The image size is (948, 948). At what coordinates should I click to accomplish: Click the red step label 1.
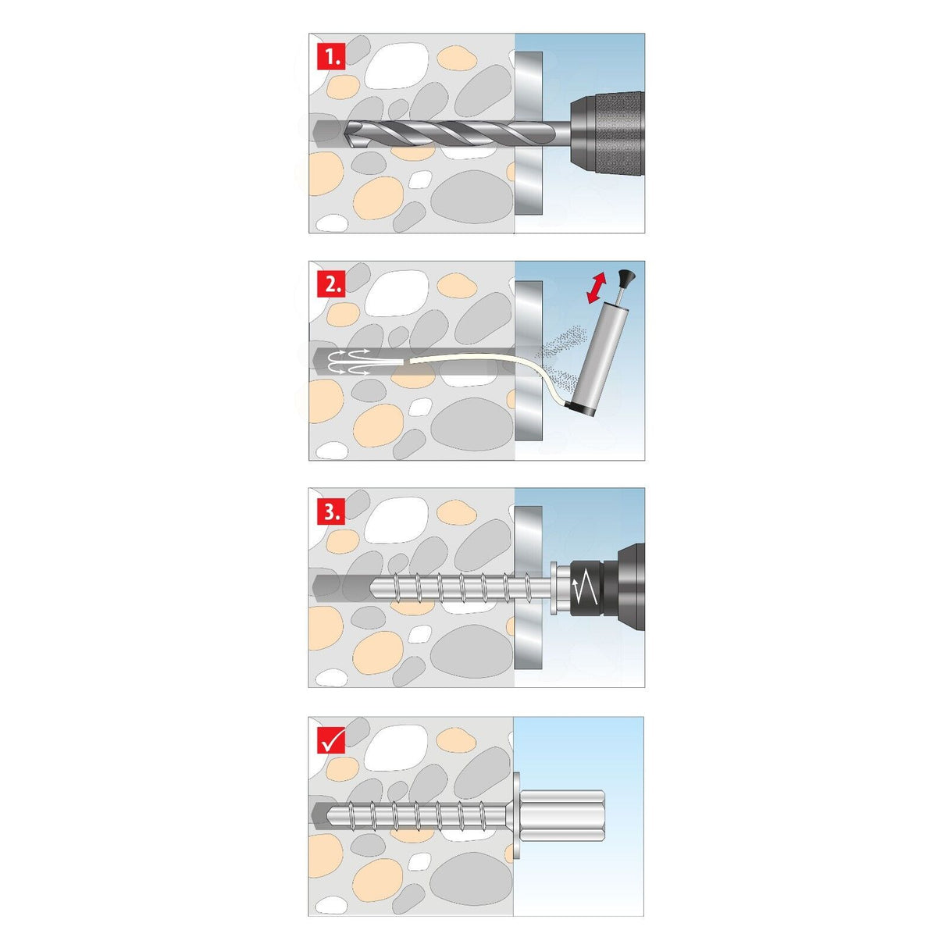331,56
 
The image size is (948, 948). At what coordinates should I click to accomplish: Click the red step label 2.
331,284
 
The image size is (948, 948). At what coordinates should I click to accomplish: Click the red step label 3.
331,511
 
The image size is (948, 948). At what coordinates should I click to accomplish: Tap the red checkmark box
331,740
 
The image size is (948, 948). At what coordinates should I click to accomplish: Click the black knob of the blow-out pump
625,276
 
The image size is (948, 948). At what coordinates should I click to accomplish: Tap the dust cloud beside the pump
562,347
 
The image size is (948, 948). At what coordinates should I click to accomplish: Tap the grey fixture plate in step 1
529,133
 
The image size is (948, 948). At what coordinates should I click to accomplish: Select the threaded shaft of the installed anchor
422,814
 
